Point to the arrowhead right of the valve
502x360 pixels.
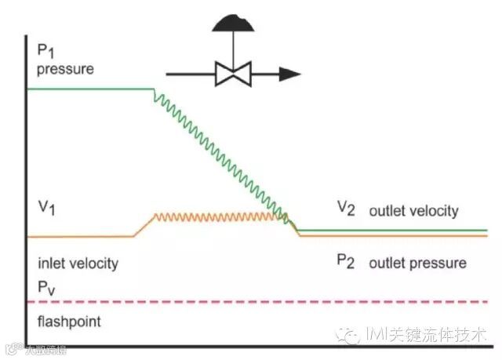point(289,75)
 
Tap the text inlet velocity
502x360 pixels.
point(78,263)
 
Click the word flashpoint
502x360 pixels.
point(69,322)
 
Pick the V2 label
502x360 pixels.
point(346,208)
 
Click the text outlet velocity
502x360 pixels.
point(413,211)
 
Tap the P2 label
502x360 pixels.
point(346,262)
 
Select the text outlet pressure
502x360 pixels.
point(417,263)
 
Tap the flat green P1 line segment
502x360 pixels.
point(90,89)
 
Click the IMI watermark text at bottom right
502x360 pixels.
point(424,336)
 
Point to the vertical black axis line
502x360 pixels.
point(27,196)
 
